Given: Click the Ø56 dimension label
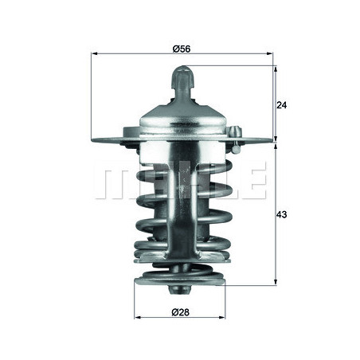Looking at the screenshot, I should [x=181, y=49].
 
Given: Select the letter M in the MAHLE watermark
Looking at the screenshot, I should [x=112, y=183].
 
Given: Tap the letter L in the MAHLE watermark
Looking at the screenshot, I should [x=220, y=183].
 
